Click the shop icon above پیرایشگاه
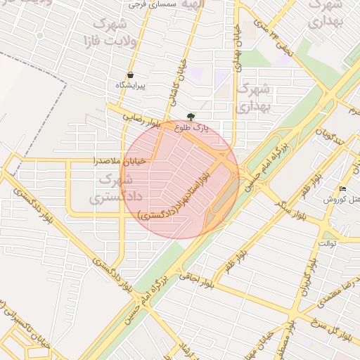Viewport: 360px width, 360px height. [x=131, y=75]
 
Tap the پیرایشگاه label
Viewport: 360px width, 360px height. [x=131, y=85]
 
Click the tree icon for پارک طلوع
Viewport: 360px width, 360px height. [x=191, y=117]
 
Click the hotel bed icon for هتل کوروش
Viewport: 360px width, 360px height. [x=342, y=189]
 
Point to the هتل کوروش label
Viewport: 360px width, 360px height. [x=341, y=200]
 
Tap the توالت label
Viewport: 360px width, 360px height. [x=328, y=243]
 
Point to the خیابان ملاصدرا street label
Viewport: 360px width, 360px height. [x=121, y=160]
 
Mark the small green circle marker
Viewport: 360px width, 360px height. [x=40, y=34]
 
